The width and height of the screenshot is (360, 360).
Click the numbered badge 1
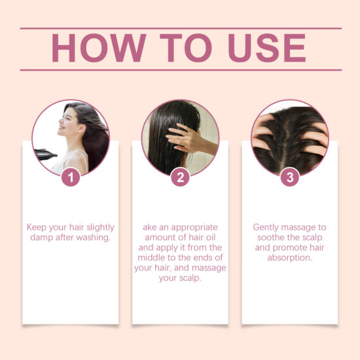(71, 177)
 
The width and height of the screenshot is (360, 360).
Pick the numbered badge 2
(181, 177)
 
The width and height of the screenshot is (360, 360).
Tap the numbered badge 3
(289, 177)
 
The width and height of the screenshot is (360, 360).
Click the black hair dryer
(45, 154)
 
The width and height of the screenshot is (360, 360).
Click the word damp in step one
(39, 238)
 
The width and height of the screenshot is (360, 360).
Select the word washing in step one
(92, 238)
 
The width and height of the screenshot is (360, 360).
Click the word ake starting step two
(151, 227)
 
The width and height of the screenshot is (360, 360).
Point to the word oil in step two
(214, 238)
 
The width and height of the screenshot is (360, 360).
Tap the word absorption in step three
(289, 258)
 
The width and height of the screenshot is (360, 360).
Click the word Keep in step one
(36, 227)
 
